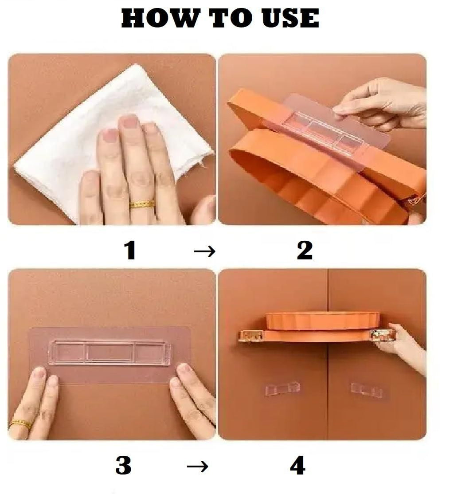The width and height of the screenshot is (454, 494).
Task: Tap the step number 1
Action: [129, 251]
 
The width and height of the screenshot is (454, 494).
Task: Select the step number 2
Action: [305, 251]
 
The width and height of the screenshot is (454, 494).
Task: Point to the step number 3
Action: [123, 466]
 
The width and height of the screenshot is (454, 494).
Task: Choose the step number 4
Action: [297, 466]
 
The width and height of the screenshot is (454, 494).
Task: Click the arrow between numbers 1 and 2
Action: [204, 252]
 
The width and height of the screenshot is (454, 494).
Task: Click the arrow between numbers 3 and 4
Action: [197, 467]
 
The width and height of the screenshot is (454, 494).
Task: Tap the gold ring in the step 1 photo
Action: [142, 204]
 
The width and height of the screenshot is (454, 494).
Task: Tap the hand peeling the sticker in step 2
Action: [381, 102]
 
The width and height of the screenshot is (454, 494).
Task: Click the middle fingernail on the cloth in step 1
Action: [129, 122]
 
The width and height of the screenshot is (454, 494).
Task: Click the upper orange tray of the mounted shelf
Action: [322, 320]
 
